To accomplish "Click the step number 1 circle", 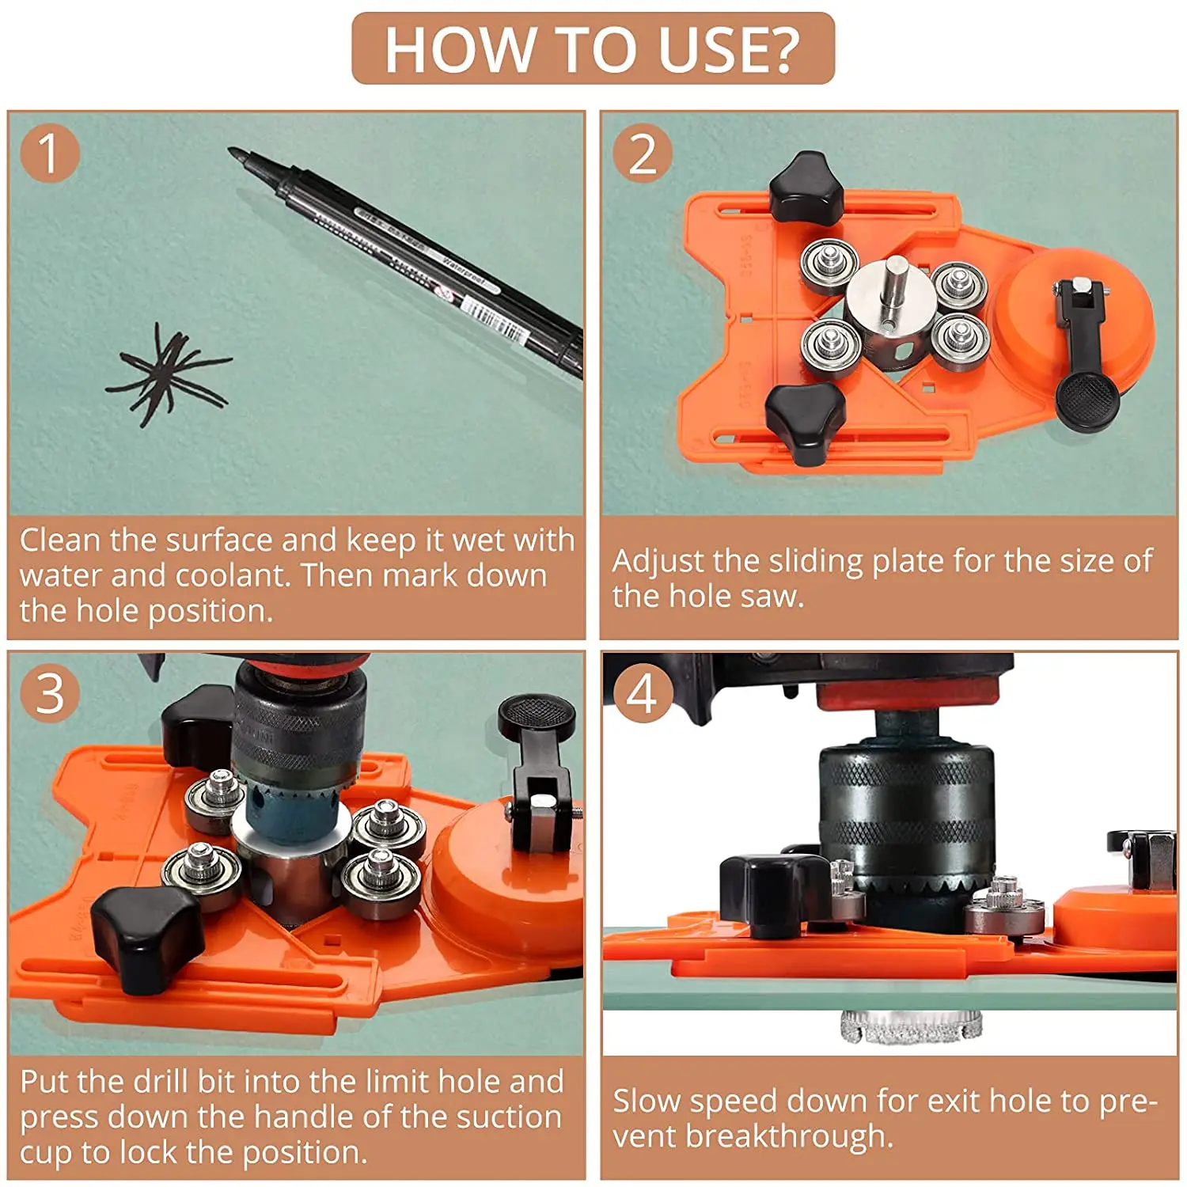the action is coord(49,153).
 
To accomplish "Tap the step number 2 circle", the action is coord(643,153).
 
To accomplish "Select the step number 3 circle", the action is coord(50,693).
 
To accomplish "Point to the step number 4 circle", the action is coord(642,693).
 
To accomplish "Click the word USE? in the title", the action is coord(728,50).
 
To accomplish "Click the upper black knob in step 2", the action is coord(807,188).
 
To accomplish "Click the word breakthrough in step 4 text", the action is coord(790,1136).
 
